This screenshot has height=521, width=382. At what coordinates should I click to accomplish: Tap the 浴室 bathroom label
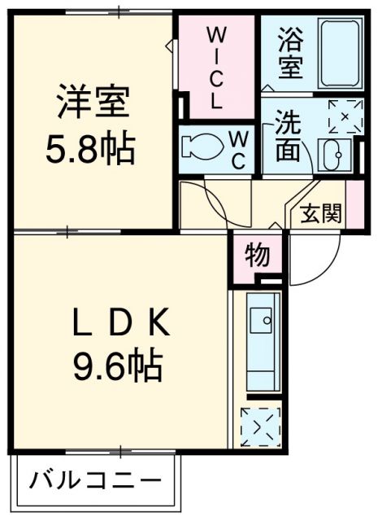[x=289, y=54]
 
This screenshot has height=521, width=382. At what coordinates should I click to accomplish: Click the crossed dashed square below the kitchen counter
[x=260, y=427]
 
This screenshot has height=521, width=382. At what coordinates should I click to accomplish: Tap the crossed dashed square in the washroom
[x=344, y=115]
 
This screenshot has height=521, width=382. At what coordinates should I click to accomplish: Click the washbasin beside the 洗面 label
[x=333, y=155]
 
